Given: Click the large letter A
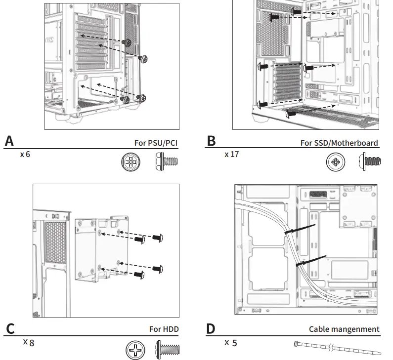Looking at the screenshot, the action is pos(9,141).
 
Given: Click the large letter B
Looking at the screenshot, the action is pos(211,141).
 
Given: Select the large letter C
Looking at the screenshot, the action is pos(10,329).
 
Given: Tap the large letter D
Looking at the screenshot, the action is pos(211,329).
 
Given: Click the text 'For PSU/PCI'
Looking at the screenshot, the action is pos(156,143).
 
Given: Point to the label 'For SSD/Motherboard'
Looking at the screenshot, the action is pos(339,143).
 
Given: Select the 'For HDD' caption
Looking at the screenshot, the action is pos(164,329).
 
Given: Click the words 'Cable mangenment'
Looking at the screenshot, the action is pos(344,329).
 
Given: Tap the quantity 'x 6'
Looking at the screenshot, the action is pos(25,155).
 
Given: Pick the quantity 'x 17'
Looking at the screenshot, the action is pos(231,155).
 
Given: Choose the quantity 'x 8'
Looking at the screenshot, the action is pos(29,342).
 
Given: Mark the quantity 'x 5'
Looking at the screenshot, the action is pos(230,343).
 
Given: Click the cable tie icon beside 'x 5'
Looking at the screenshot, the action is pos(338,348).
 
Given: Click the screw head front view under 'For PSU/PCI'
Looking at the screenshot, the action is pos(131,162).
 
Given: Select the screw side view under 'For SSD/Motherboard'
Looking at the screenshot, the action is pos(369,161).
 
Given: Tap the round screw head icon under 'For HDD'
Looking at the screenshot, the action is pos(135,350).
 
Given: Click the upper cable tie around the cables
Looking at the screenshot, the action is pos(300,229).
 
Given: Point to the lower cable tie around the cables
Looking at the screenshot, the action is pos(311,261).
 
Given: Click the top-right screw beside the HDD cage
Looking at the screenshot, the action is pos(158,238).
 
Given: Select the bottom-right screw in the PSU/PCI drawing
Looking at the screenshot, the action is pos(141,98).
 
